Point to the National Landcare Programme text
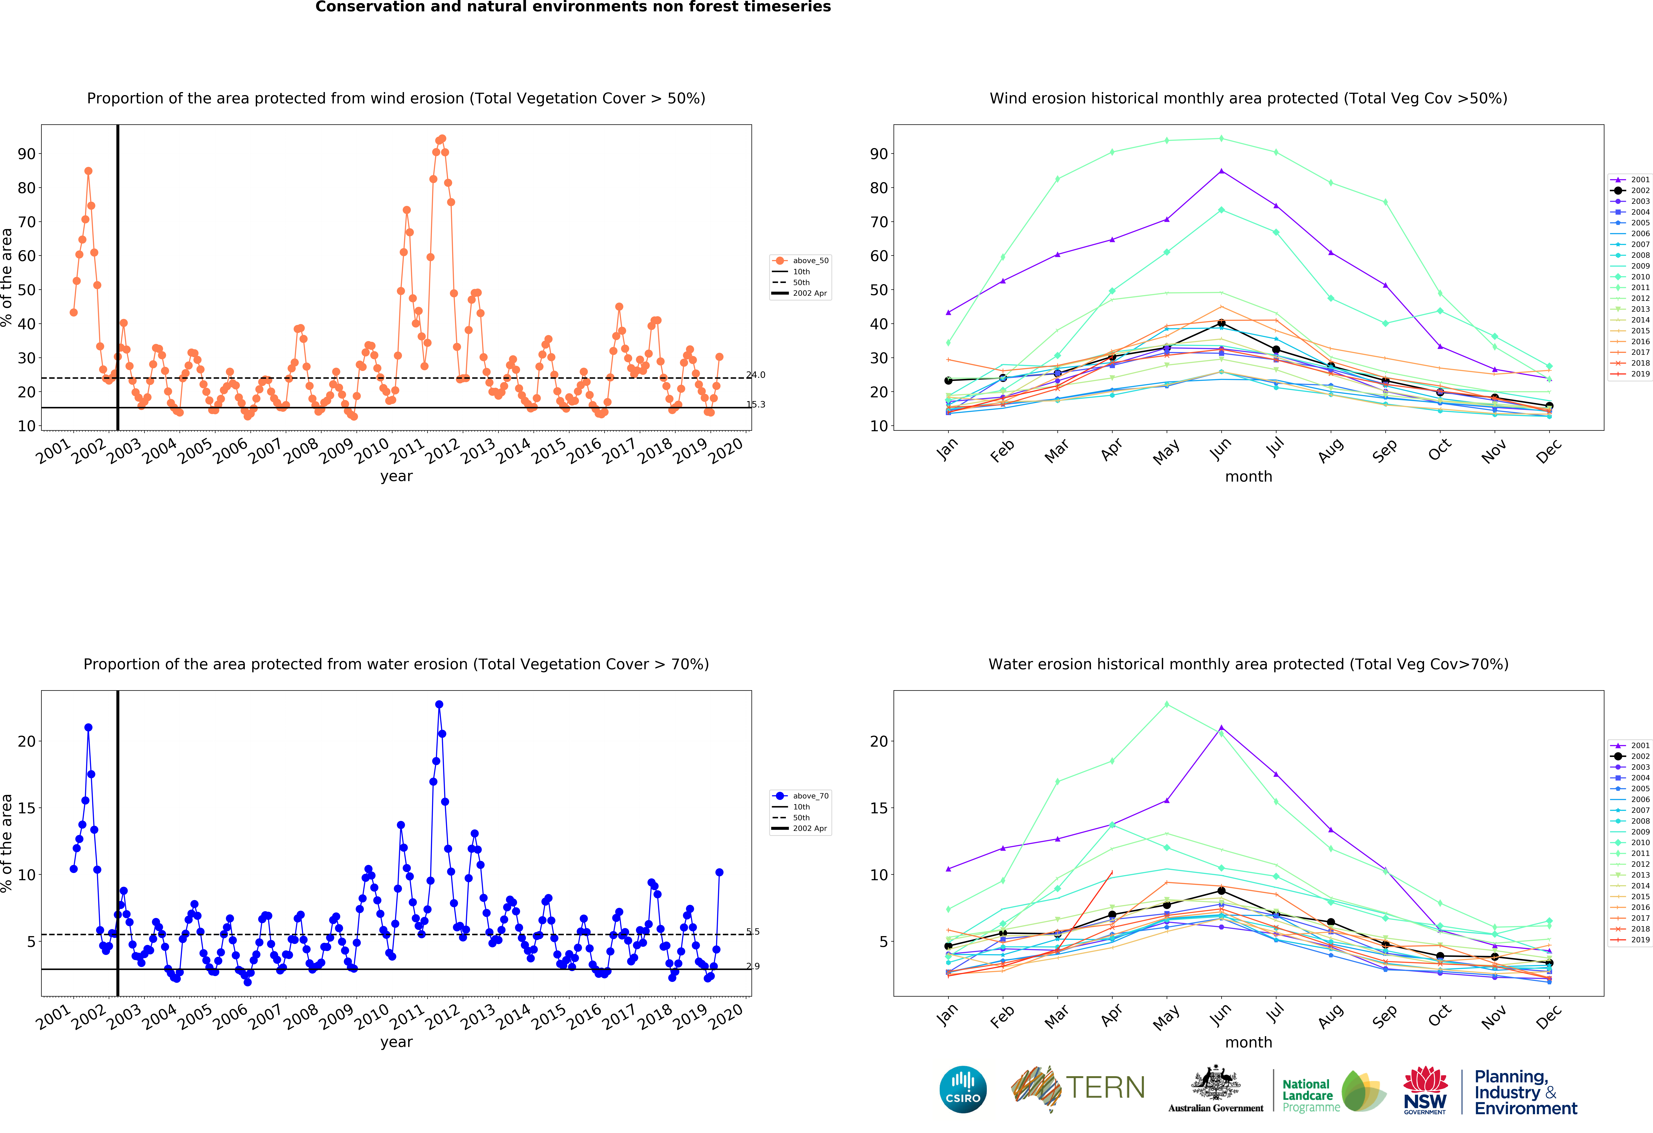(1307, 1095)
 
